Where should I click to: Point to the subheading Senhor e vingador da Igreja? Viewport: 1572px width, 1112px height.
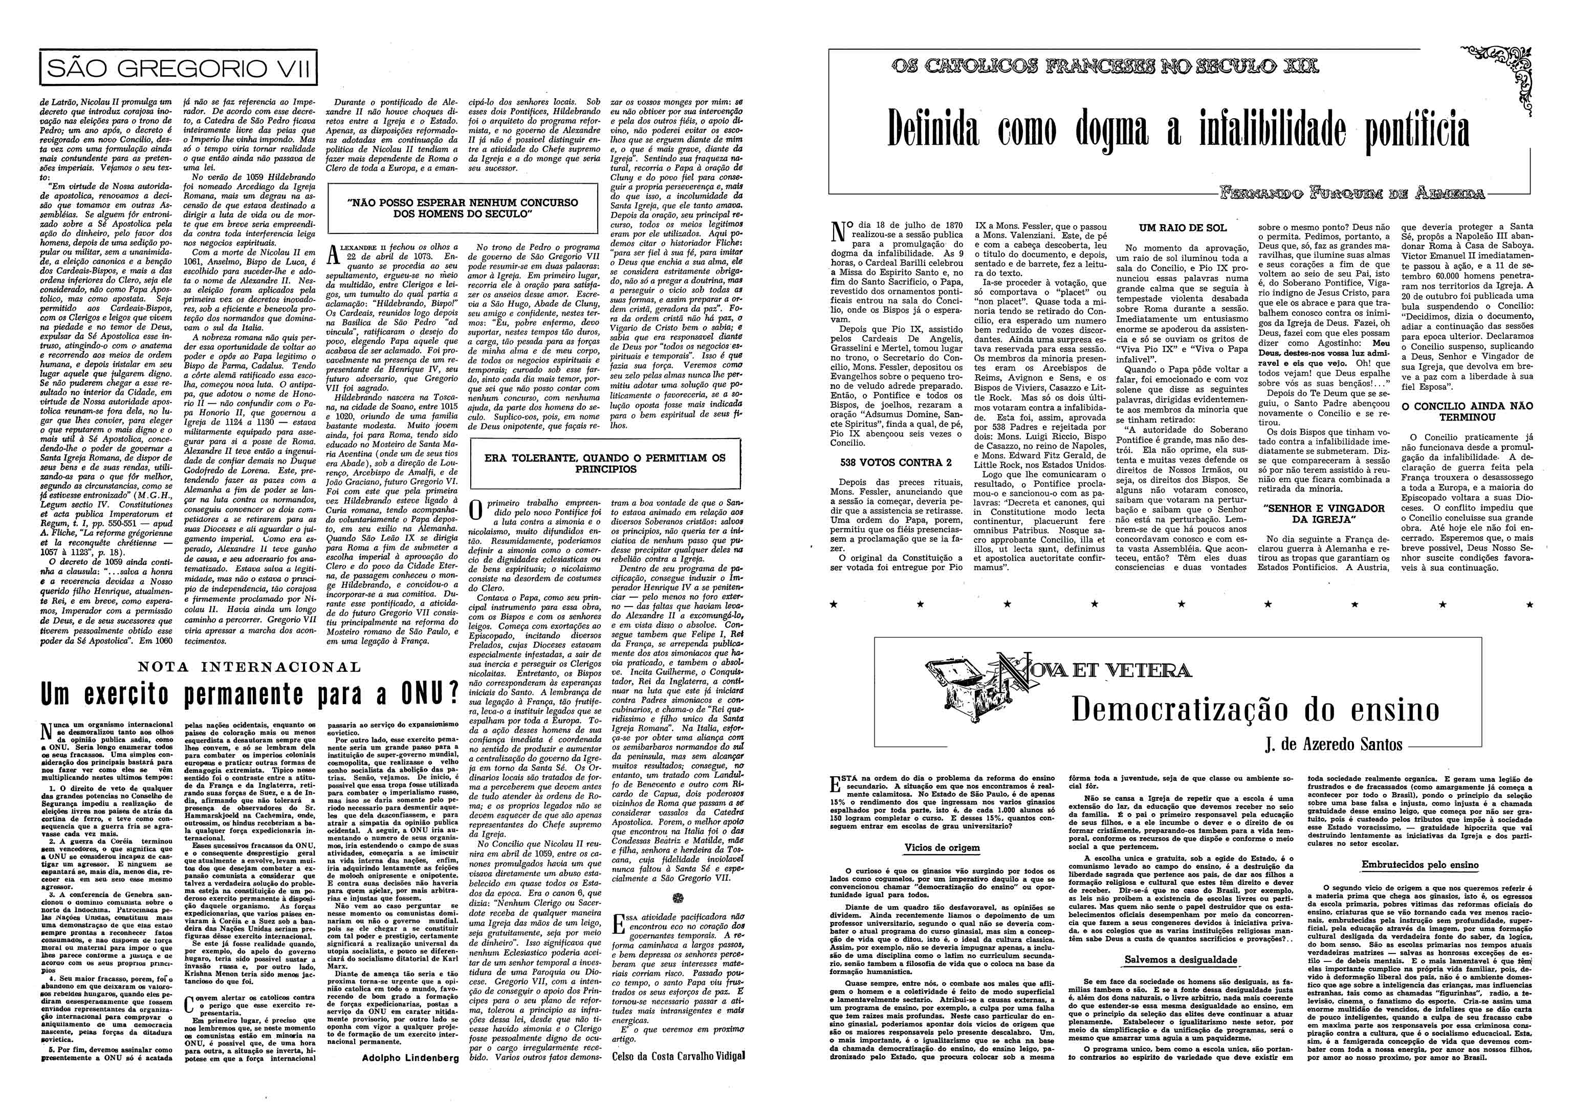pos(1325,514)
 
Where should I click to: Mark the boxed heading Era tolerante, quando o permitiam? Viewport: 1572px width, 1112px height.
pos(604,464)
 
